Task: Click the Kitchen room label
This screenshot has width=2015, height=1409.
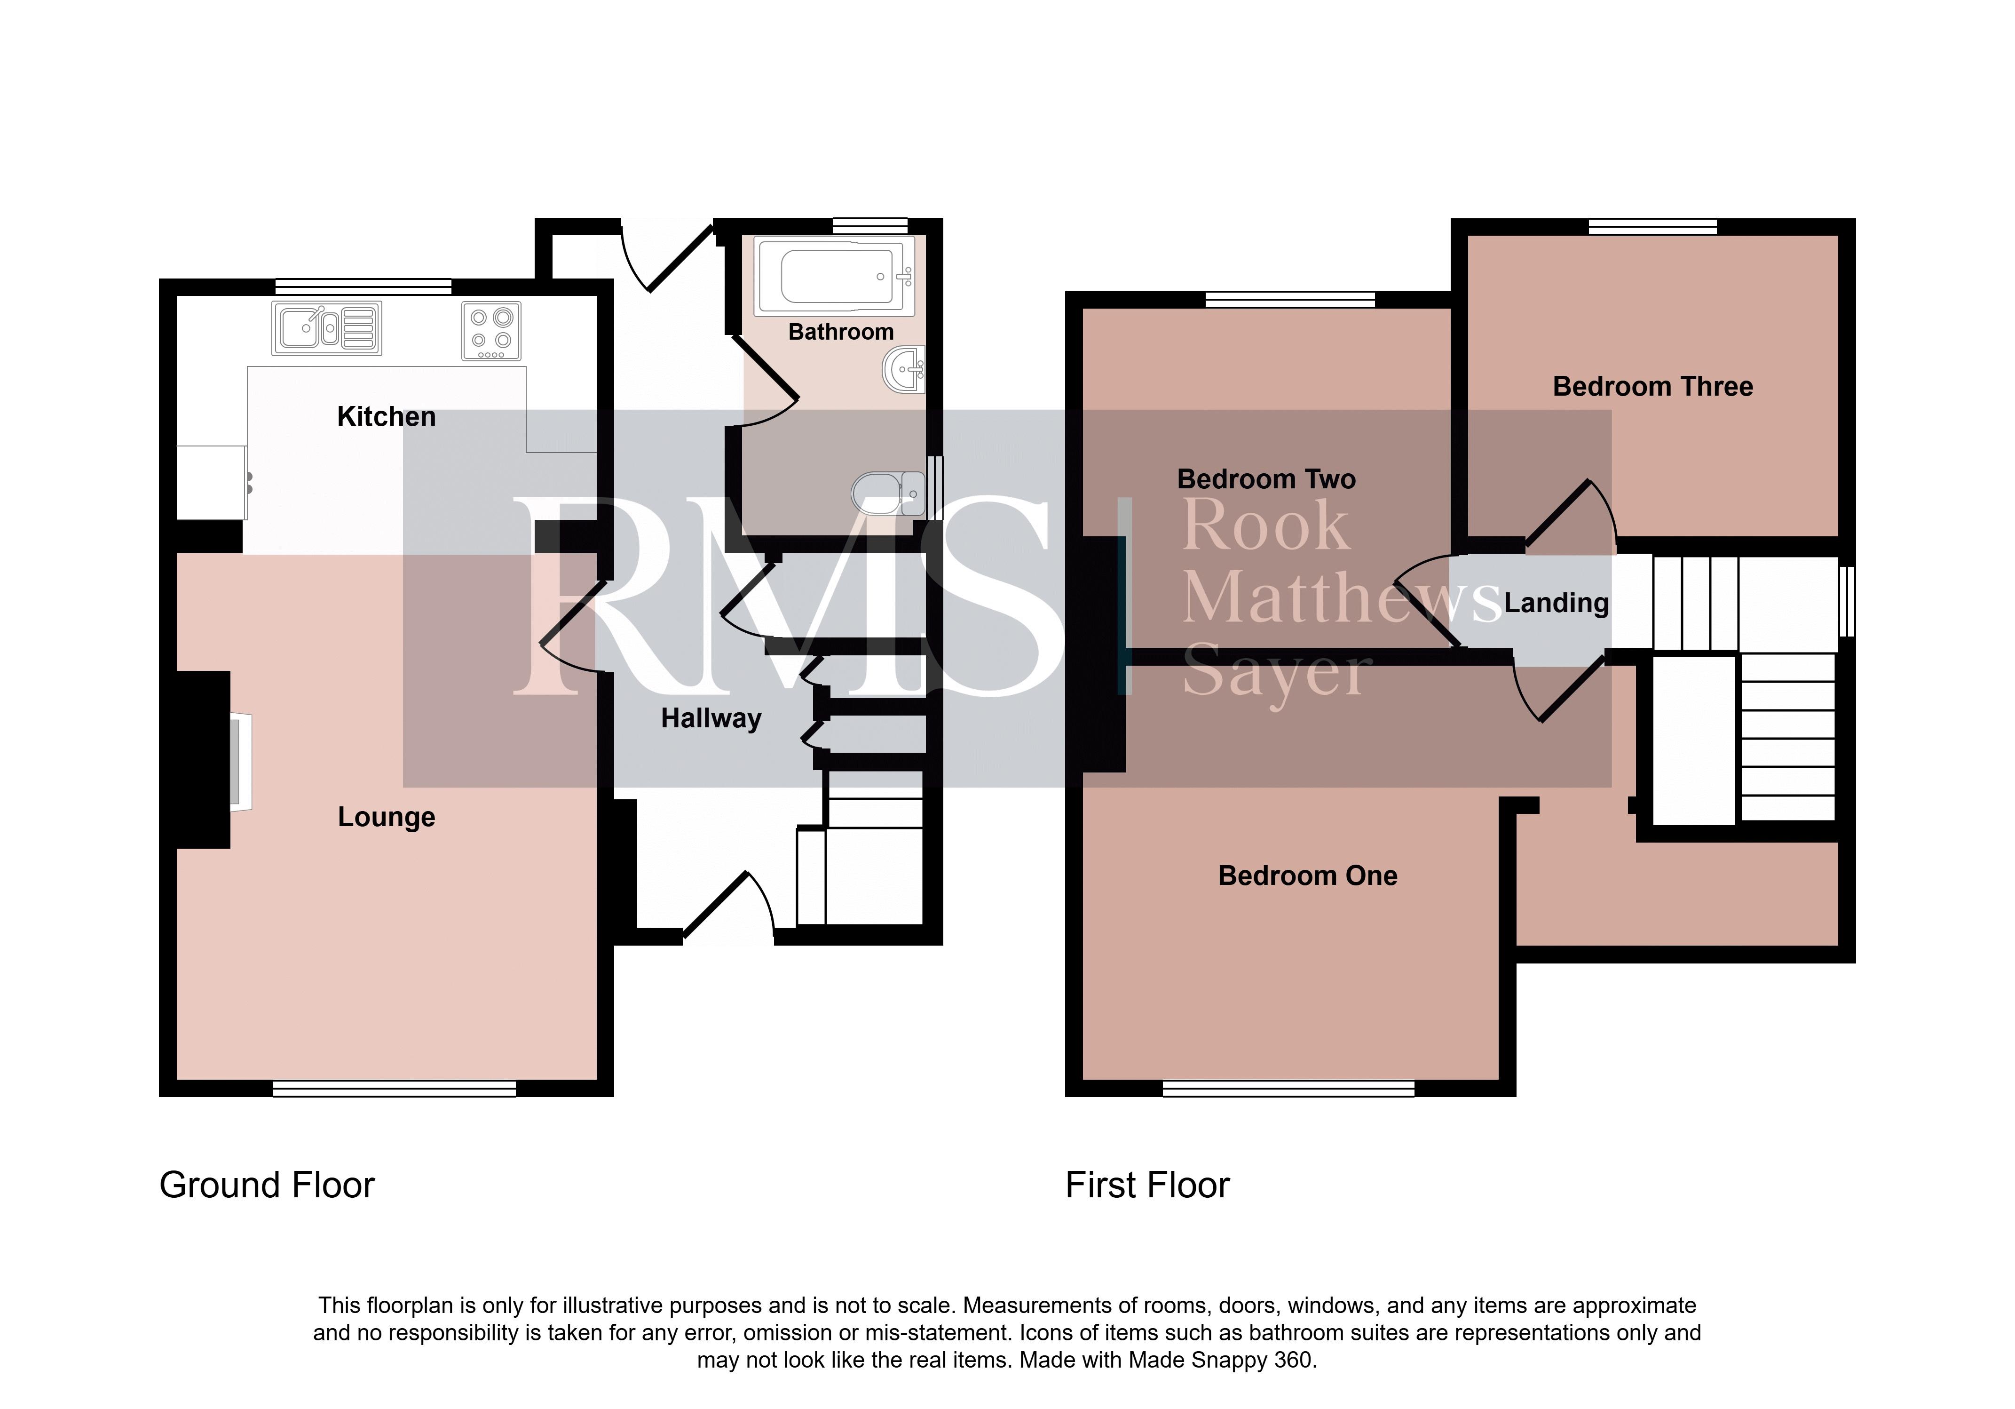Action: coord(386,416)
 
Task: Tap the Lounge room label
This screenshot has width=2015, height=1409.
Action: coord(386,817)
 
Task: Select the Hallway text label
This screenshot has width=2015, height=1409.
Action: coord(711,718)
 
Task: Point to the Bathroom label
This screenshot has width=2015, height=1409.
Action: coord(841,332)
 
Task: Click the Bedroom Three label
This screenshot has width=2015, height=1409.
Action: coord(1652,386)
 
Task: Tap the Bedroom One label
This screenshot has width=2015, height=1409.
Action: coord(1308,875)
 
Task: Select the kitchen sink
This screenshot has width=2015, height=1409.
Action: coord(326,328)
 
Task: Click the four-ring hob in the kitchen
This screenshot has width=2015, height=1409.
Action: coord(491,331)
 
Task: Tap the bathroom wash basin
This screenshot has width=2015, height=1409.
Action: coord(904,370)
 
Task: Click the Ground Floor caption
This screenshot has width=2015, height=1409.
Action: coord(267,1185)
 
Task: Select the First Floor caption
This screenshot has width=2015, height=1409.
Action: coord(1147,1185)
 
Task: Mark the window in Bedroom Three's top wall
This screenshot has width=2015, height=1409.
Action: coord(1652,226)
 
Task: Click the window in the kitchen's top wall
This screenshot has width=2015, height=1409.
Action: coord(363,286)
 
